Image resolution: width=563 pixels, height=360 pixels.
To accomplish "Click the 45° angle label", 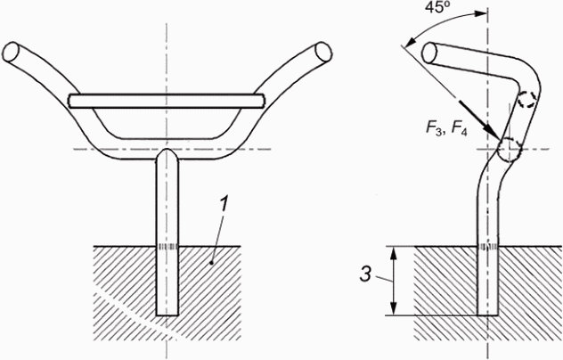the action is [435, 7].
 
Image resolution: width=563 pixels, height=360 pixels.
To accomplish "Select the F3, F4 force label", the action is [446, 128].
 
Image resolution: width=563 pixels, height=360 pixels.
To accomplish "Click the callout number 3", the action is [365, 274].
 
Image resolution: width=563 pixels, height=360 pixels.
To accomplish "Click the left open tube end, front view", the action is [11, 53].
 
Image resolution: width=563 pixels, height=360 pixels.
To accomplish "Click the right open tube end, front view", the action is [323, 52].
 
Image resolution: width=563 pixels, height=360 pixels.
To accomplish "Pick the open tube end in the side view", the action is [429, 53].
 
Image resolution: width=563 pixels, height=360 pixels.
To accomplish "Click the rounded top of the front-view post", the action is [167, 153].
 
